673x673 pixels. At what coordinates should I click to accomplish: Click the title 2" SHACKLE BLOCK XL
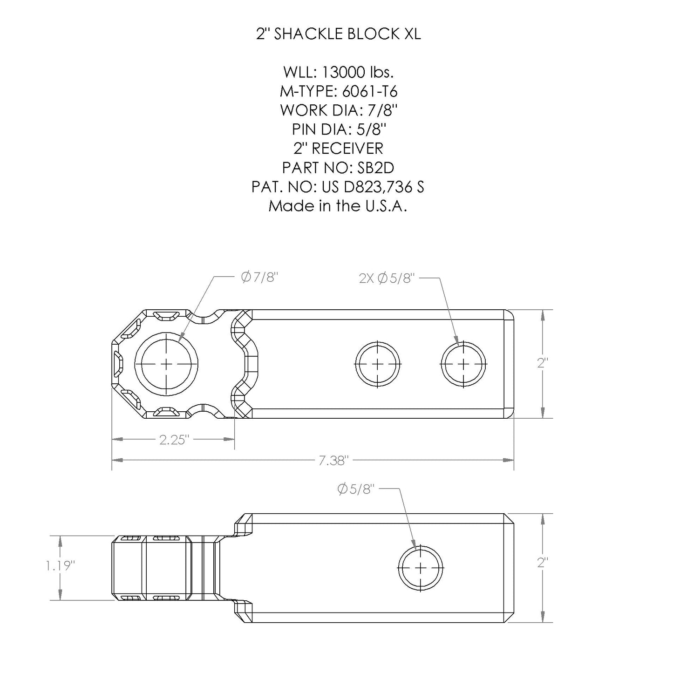pyautogui.click(x=338, y=34)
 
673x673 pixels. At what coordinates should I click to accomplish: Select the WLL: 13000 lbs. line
pyautogui.click(x=338, y=72)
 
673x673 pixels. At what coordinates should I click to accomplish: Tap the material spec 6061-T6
pyautogui.click(x=367, y=91)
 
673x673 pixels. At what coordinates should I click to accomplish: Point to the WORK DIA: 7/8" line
pyautogui.click(x=338, y=110)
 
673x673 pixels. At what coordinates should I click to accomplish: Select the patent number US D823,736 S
pyautogui.click(x=372, y=187)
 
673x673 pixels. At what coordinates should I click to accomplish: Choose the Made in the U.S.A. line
pyautogui.click(x=338, y=206)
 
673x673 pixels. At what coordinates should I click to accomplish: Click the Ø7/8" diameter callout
pyautogui.click(x=259, y=278)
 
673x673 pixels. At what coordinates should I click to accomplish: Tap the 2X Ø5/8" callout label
pyautogui.click(x=387, y=279)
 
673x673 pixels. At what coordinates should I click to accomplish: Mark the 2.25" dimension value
pyautogui.click(x=173, y=440)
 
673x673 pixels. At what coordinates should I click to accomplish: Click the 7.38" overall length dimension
pyautogui.click(x=333, y=461)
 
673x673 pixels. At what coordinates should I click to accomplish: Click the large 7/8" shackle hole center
pyautogui.click(x=166, y=363)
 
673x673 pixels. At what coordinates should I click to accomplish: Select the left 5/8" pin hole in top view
pyautogui.click(x=378, y=363)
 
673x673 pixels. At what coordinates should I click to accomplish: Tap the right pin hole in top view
pyautogui.click(x=463, y=363)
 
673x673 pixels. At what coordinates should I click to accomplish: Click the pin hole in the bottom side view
pyautogui.click(x=421, y=567)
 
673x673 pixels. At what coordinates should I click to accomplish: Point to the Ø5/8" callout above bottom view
pyautogui.click(x=355, y=489)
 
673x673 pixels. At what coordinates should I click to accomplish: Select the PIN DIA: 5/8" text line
pyautogui.click(x=338, y=129)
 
